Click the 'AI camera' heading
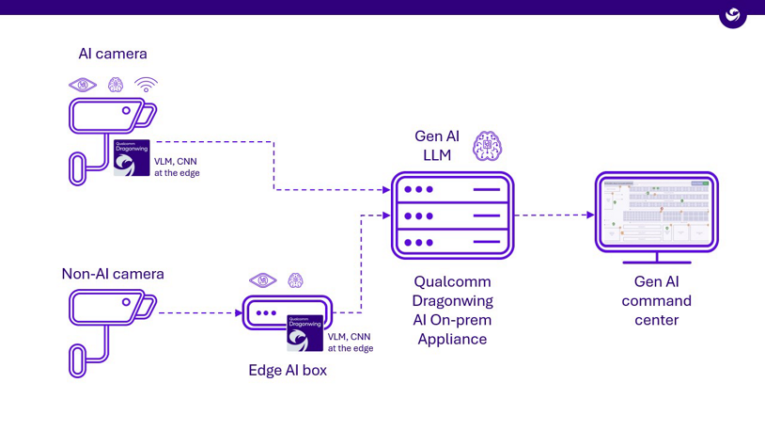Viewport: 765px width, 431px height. [113, 54]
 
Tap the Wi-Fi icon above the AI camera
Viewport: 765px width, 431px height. [146, 85]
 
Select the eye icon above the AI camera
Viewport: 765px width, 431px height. [83, 85]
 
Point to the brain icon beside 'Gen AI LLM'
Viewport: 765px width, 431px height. [487, 146]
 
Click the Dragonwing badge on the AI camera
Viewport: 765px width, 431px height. [132, 158]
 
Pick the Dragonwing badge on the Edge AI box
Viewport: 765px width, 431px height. [304, 333]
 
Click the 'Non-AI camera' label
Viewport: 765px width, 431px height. [113, 274]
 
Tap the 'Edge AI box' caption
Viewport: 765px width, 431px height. [288, 371]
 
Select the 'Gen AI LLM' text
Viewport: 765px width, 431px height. [437, 146]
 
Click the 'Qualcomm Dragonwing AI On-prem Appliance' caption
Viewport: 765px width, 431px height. [452, 310]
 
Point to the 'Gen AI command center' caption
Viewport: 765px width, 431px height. [656, 300]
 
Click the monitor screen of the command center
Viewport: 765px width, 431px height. [656, 212]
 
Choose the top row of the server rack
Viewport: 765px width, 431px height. [452, 189]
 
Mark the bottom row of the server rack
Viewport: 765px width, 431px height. [452, 242]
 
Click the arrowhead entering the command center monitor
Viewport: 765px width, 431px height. [590, 215]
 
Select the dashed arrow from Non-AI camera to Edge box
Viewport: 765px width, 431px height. [197, 312]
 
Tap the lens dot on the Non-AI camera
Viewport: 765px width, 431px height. [126, 303]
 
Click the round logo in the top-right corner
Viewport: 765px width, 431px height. [733, 15]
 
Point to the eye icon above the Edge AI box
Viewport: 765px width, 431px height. [262, 280]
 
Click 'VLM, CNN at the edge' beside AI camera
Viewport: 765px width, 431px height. [177, 168]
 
